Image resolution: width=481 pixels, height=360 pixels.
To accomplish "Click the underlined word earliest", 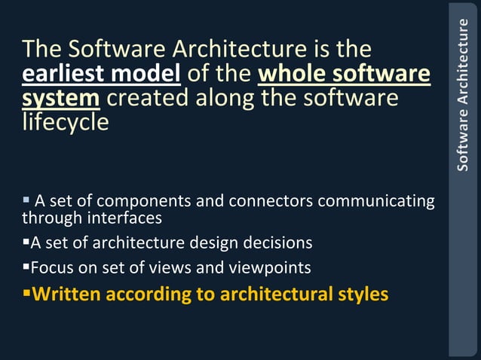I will point(61,75).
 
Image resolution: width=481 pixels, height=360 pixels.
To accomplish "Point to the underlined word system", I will point(61,99).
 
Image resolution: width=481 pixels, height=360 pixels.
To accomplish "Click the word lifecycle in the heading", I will point(66,123).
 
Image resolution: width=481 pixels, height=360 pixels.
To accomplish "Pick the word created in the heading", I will point(152,99).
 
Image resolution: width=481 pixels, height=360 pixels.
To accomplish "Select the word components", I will point(142,202).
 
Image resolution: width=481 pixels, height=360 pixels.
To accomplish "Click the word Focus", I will point(51,267).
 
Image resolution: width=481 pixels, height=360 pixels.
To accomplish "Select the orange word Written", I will point(67,294).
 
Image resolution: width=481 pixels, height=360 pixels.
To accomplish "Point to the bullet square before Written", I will point(26,292).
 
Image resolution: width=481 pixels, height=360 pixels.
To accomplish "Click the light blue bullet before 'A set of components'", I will point(26,200).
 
